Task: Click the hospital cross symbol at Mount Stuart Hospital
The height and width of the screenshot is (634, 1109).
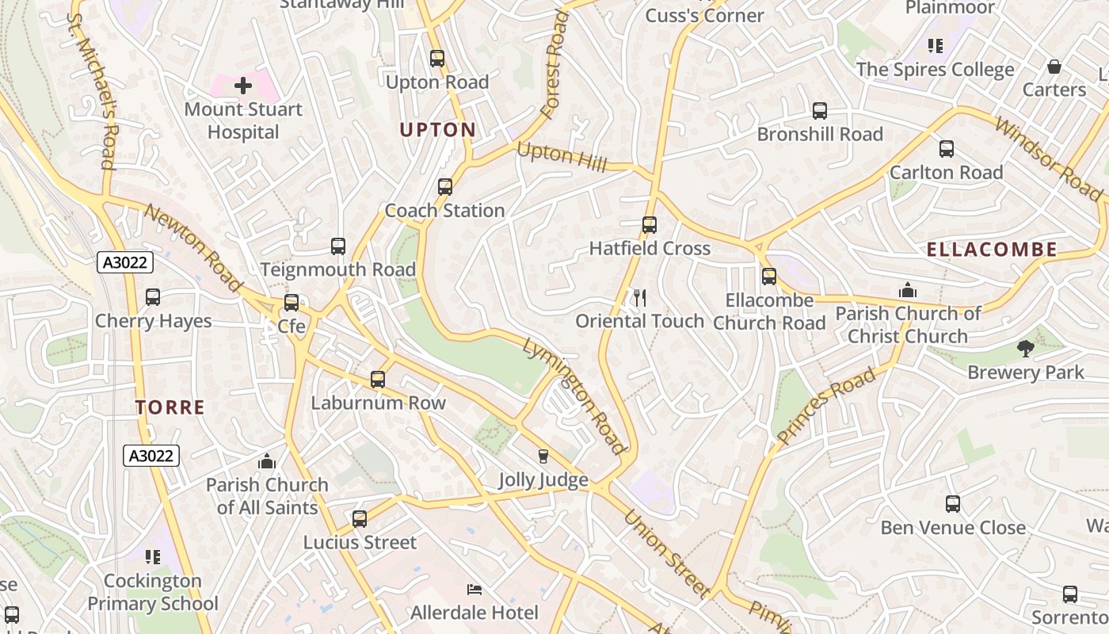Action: [x=243, y=85]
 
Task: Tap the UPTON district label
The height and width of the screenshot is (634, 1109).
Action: [x=438, y=130]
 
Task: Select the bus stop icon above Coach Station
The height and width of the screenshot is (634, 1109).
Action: [x=445, y=187]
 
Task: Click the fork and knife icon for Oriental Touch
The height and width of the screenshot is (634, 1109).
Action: [x=640, y=298]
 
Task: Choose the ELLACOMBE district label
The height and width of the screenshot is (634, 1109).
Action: [x=992, y=250]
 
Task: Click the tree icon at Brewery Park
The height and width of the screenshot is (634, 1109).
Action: [x=1026, y=348]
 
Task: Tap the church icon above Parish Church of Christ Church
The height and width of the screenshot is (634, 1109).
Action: [x=908, y=290]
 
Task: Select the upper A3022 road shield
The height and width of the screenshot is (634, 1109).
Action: [x=125, y=262]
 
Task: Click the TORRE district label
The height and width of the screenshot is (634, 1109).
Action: [x=170, y=408]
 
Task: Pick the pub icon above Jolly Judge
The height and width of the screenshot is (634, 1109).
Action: [x=543, y=456]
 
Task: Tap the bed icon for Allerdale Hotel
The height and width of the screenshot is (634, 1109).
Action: [x=474, y=590]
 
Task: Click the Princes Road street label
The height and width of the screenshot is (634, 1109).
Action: [x=826, y=405]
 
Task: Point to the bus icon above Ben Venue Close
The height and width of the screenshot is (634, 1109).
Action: [x=953, y=503]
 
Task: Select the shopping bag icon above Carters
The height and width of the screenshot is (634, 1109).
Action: [x=1054, y=67]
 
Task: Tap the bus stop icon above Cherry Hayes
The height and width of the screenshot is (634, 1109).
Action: [x=153, y=297]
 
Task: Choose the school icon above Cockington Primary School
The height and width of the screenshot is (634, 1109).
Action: [x=152, y=557]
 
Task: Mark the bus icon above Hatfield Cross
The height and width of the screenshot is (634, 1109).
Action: [x=650, y=224]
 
